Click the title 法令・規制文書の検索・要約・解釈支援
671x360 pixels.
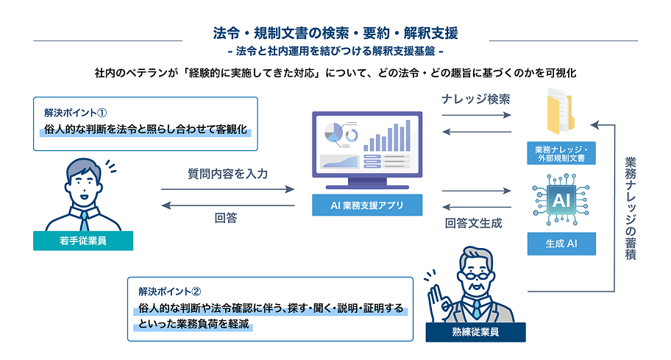pos(335,33)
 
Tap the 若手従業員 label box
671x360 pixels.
pos(83,241)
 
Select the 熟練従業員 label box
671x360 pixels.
pos(475,332)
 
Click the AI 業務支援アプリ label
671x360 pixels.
pos(367,205)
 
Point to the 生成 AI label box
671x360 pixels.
pos(561,244)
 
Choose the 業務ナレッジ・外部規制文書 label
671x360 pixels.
pos(561,153)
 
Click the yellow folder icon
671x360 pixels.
pos(560,111)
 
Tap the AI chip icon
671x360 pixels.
pos(561,200)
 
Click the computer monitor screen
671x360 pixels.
pos(367,144)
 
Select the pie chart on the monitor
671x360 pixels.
pos(334,133)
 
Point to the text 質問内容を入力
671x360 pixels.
pos(227,174)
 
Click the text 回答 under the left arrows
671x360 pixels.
pos(226,218)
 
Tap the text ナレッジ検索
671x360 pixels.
pos(476,99)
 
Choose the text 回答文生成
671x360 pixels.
pos(473,223)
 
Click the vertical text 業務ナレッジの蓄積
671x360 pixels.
pos(631,208)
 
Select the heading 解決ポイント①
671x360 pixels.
pos(75,113)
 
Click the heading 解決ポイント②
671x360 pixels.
pos(169,292)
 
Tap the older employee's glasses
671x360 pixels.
pos(476,275)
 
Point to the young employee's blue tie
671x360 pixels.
pos(85,222)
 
